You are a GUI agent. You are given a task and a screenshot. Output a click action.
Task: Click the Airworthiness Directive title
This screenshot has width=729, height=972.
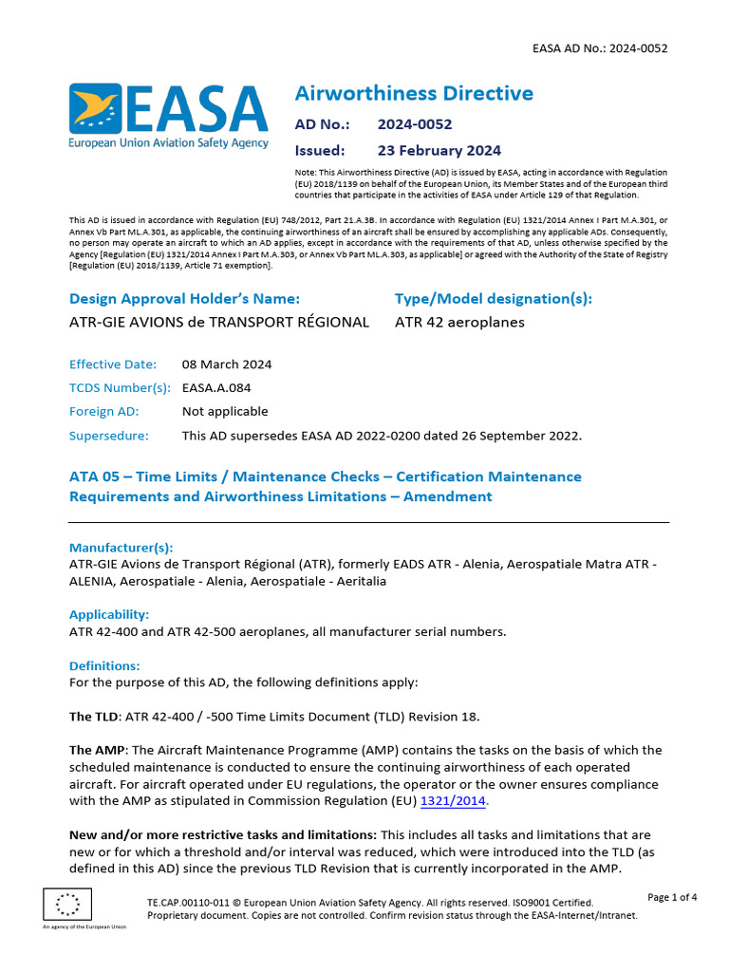(x=414, y=93)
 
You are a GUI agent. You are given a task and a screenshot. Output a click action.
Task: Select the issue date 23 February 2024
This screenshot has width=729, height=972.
(x=439, y=150)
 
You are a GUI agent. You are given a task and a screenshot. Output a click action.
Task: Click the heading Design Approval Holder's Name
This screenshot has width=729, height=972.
(x=185, y=298)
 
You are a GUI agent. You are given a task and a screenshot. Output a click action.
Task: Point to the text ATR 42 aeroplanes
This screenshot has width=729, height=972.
(x=459, y=322)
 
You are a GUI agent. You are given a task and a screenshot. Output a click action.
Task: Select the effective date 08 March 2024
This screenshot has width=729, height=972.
(x=227, y=364)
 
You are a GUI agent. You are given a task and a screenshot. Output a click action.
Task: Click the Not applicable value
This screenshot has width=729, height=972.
(x=225, y=412)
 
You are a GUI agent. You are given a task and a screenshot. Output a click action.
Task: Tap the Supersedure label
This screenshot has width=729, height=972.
(x=109, y=436)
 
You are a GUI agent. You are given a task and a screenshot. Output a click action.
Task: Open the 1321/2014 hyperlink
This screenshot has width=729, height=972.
(x=453, y=801)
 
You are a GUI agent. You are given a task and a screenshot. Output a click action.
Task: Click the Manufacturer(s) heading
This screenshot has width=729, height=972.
(x=121, y=548)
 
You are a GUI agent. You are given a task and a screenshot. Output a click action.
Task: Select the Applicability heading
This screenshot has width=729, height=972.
(x=109, y=614)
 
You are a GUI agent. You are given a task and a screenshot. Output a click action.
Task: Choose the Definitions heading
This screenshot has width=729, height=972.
(x=104, y=666)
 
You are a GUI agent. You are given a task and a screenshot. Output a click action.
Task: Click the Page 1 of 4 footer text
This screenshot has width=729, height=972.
(x=672, y=897)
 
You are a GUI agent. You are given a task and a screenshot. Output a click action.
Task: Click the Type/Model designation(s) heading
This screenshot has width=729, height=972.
(x=493, y=298)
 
